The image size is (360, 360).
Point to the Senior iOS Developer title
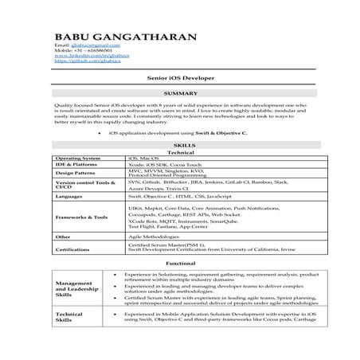point(179,80)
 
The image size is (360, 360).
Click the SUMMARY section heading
point(179,93)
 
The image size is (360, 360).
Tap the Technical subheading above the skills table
point(179,152)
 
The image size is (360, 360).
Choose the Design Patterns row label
point(76,173)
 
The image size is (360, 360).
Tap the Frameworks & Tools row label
point(81,217)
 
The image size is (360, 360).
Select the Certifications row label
point(72,248)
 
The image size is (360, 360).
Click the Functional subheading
point(179,263)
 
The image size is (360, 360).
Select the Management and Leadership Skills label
point(76,288)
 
